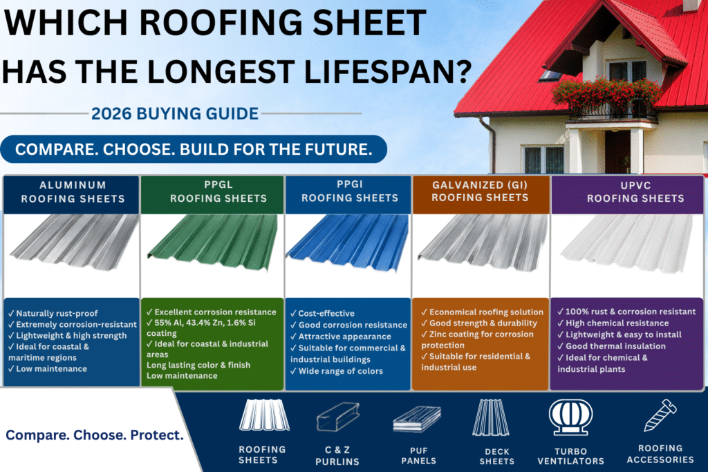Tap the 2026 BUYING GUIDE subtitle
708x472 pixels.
pos(175,114)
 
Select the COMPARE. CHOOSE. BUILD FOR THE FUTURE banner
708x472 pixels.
pos(194,149)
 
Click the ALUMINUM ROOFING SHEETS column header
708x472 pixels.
pos(73,192)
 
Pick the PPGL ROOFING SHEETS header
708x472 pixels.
pos(218,191)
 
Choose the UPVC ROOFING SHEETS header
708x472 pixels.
pos(635,192)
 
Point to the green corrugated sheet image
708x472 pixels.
pos(213,242)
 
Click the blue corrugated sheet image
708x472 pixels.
pos(348,243)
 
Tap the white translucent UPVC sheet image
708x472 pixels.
pos(628,243)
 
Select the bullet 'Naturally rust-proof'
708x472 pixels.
pos(53,313)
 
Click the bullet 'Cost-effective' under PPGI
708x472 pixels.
pos(322,313)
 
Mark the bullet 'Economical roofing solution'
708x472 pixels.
pos(482,312)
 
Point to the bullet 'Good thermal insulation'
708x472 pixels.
pos(611,346)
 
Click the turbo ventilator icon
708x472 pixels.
pos(570,417)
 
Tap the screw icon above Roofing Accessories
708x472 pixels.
pos(660,415)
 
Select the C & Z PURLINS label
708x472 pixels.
pos(337,455)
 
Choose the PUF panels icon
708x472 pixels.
pos(417,419)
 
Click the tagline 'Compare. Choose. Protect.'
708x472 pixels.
pos(94,435)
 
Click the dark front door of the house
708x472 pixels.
pos(617,151)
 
